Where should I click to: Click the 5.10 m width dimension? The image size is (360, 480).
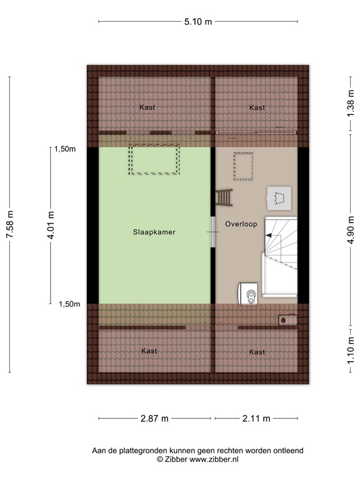click(197, 21)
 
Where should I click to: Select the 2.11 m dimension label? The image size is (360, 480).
click(256, 418)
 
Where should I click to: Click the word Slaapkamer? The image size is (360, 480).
click(154, 231)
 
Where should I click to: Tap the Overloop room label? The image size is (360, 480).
click(242, 223)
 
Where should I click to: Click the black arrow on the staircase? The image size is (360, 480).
click(270, 235)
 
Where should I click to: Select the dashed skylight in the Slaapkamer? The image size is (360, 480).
click(154, 160)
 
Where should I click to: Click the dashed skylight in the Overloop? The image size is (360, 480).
click(242, 166)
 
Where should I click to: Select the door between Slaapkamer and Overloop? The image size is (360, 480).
click(213, 231)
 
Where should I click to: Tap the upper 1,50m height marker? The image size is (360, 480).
click(64, 149)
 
